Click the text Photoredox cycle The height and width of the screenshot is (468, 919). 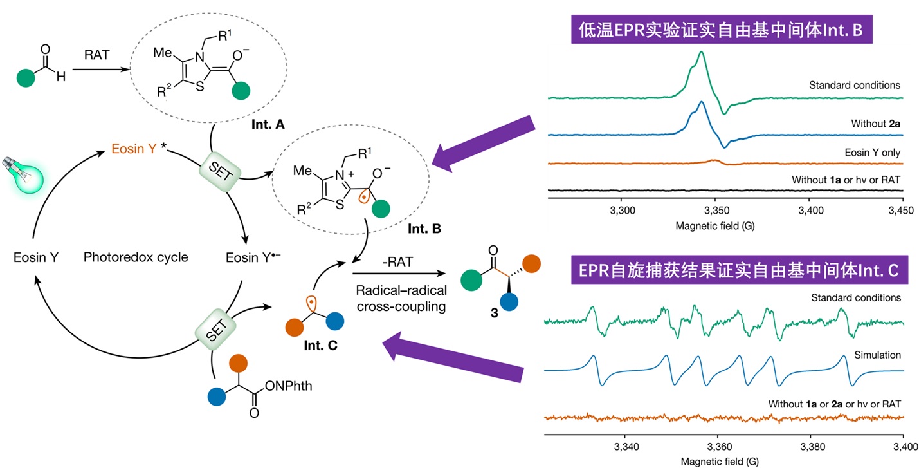click(136, 257)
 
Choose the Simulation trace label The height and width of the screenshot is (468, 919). click(877, 355)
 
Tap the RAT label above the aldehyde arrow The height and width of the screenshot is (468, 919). click(97, 55)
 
